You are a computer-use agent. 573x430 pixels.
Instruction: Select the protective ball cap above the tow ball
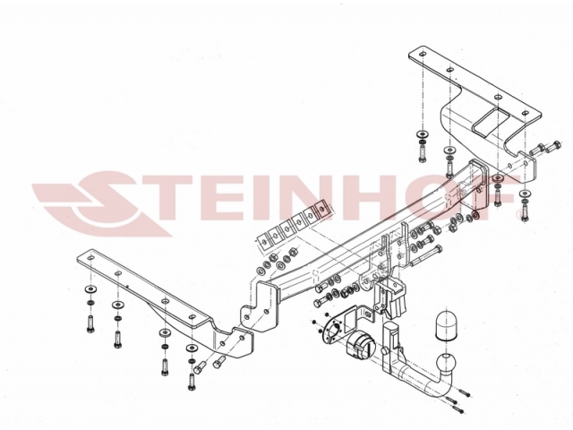tap(446, 325)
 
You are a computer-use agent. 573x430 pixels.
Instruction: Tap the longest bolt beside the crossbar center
tap(426, 256)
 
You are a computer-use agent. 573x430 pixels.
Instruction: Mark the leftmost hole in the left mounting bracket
tap(90, 258)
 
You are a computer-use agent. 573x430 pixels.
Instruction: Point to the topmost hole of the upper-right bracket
tap(423, 54)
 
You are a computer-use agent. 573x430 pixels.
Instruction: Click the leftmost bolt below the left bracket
tap(90, 323)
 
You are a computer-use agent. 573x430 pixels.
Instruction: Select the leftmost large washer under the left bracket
tap(90, 289)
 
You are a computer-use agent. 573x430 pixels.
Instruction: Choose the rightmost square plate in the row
tap(322, 210)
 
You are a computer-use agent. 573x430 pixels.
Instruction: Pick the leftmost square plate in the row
tap(262, 241)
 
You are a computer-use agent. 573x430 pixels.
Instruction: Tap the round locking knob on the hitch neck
tap(384, 351)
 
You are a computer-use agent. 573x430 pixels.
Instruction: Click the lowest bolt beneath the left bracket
tap(191, 382)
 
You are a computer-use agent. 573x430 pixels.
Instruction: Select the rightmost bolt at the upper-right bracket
tap(552, 146)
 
